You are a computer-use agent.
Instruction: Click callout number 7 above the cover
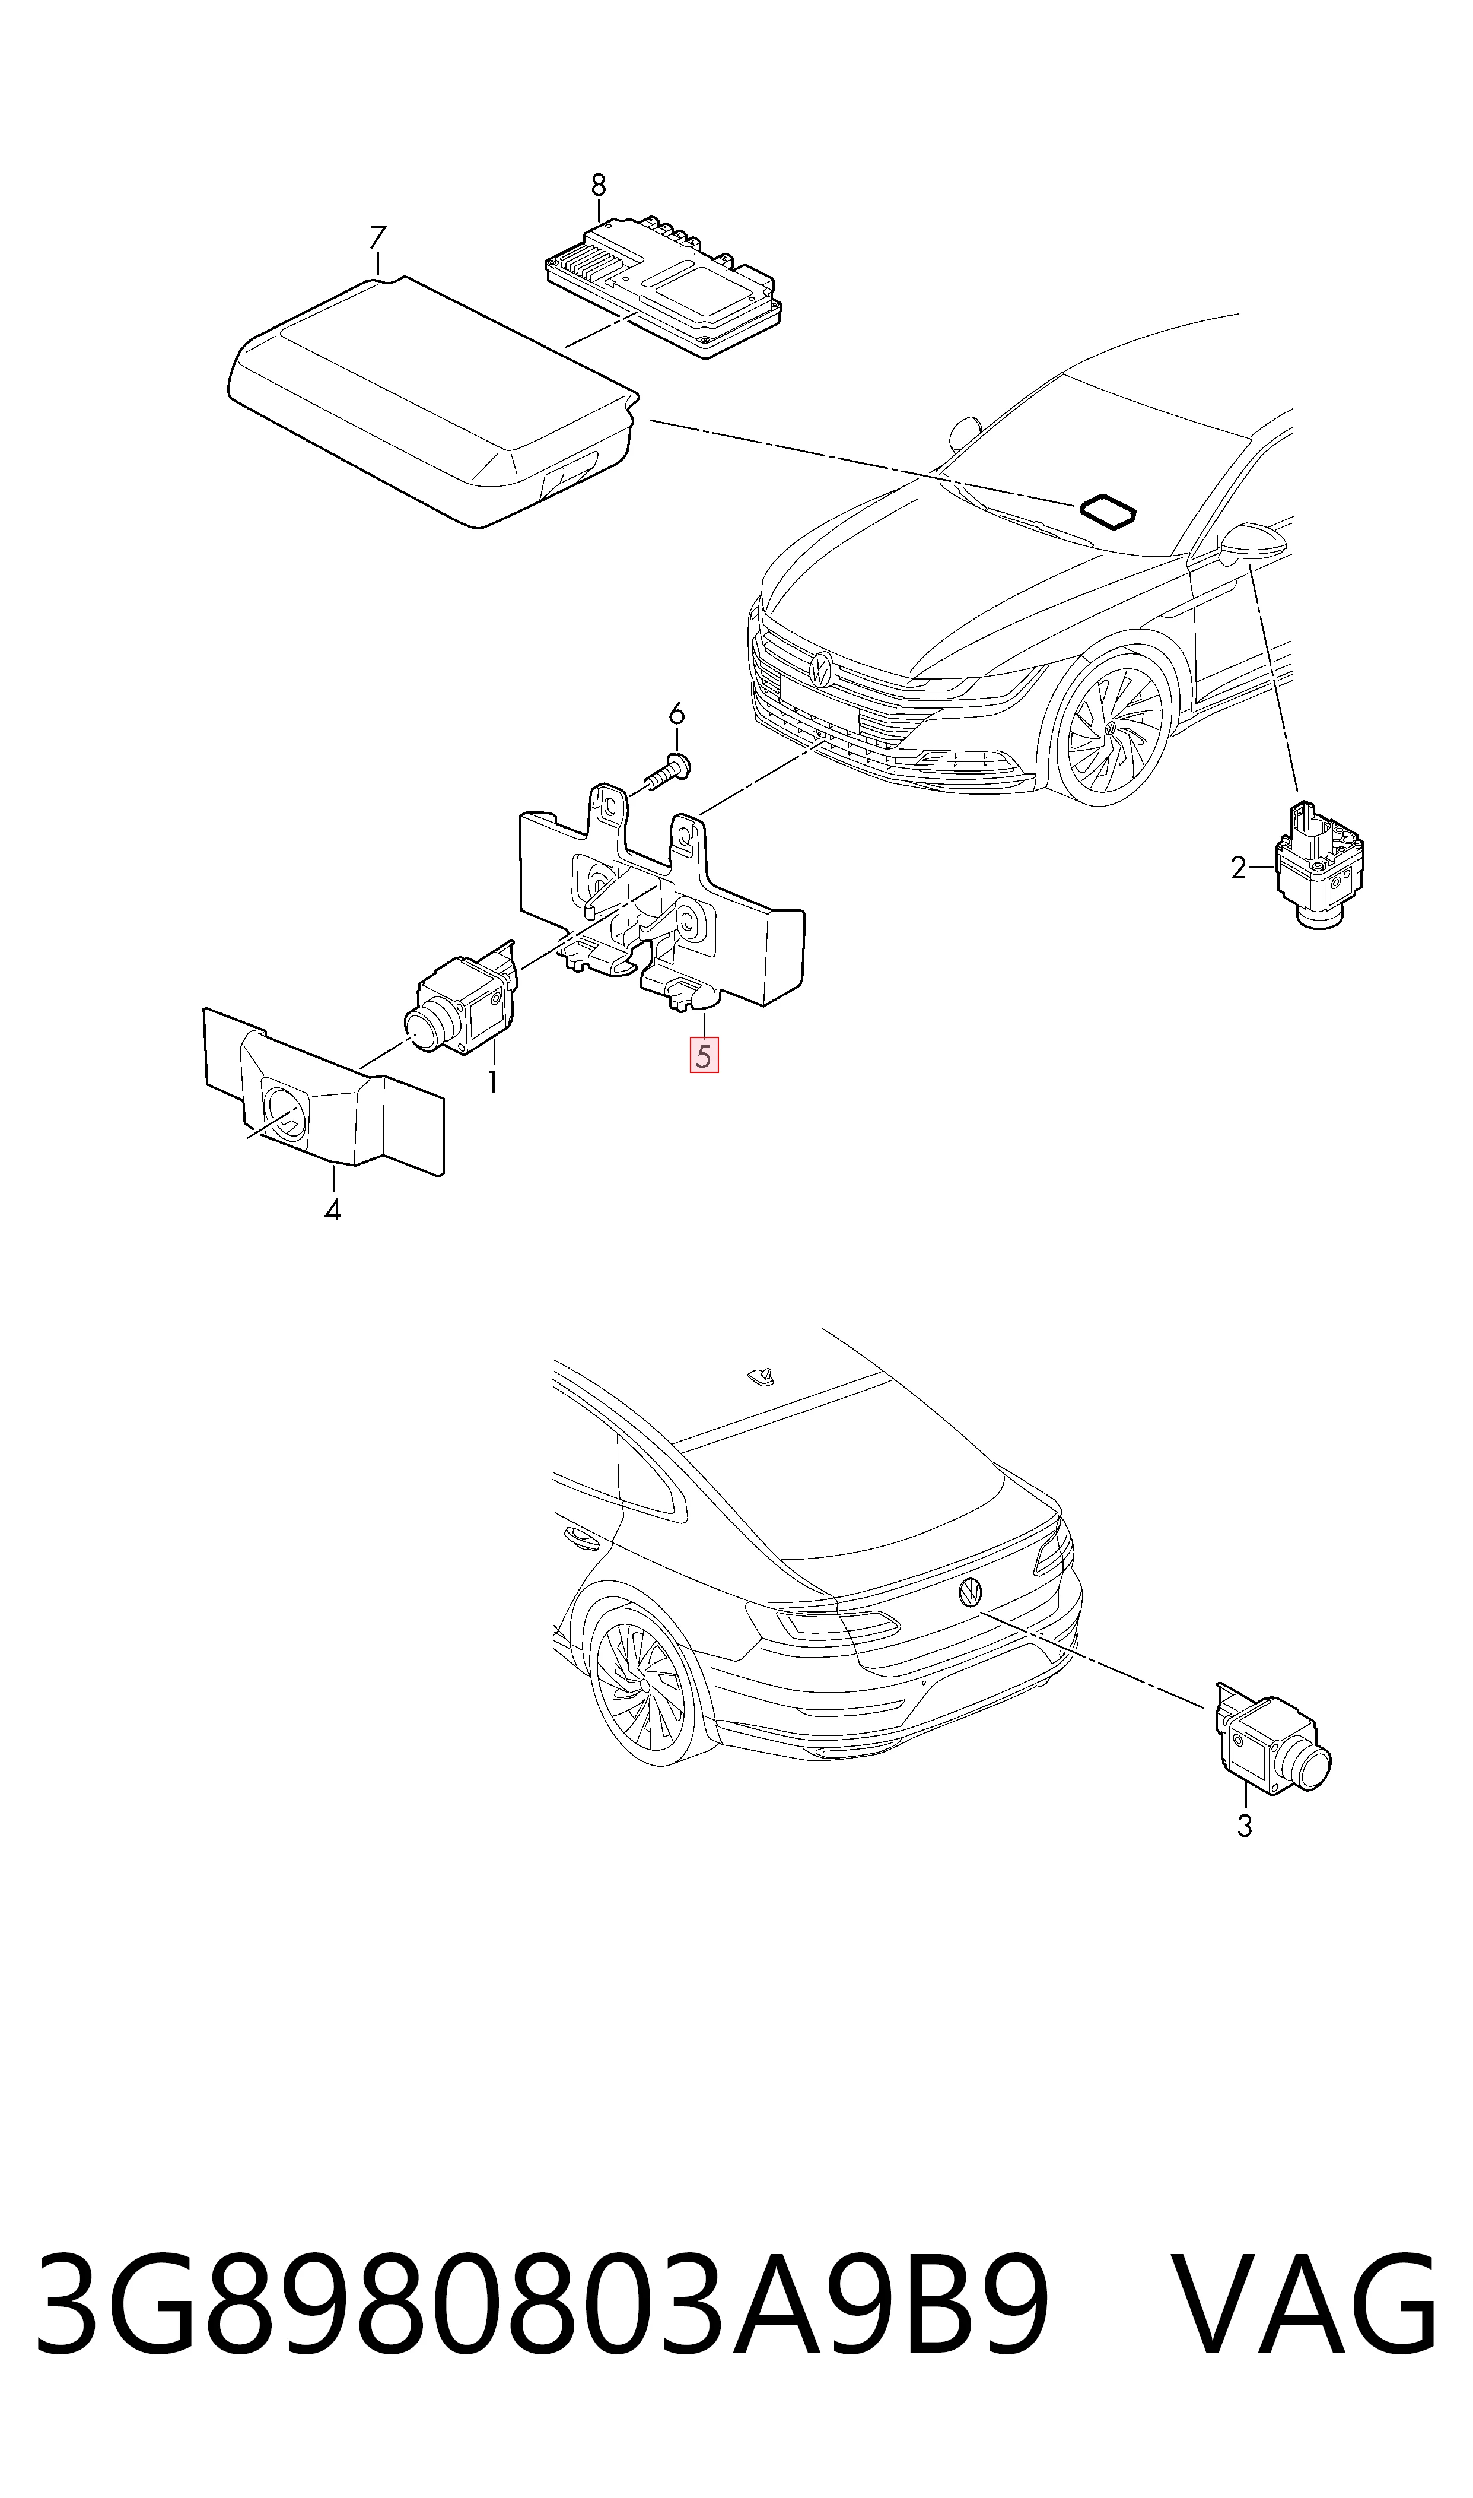click(x=377, y=238)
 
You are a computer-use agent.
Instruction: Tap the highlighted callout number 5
click(x=704, y=1055)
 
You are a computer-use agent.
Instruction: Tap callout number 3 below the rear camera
click(x=1245, y=1826)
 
